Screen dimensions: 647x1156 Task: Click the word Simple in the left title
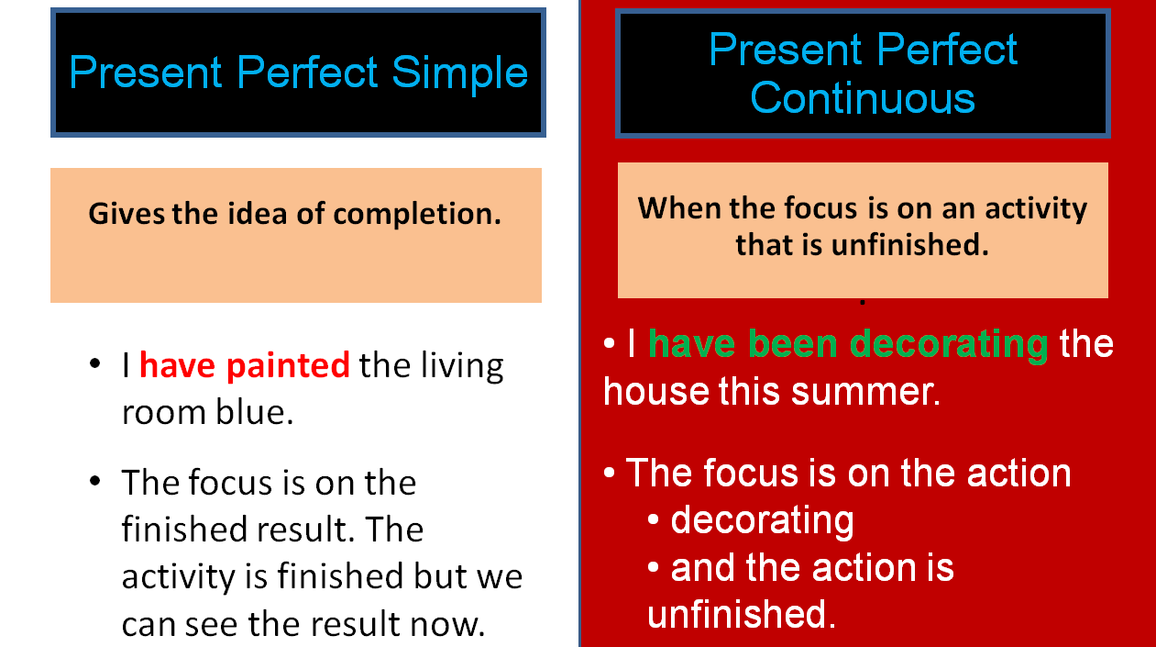[x=460, y=73]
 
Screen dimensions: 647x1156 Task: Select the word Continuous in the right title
[x=862, y=97]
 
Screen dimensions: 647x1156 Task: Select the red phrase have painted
[x=244, y=366]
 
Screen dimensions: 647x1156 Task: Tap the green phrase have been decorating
[x=848, y=344]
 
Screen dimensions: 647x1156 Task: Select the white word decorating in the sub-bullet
[x=762, y=520]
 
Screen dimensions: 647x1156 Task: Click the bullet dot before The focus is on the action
[x=611, y=474]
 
